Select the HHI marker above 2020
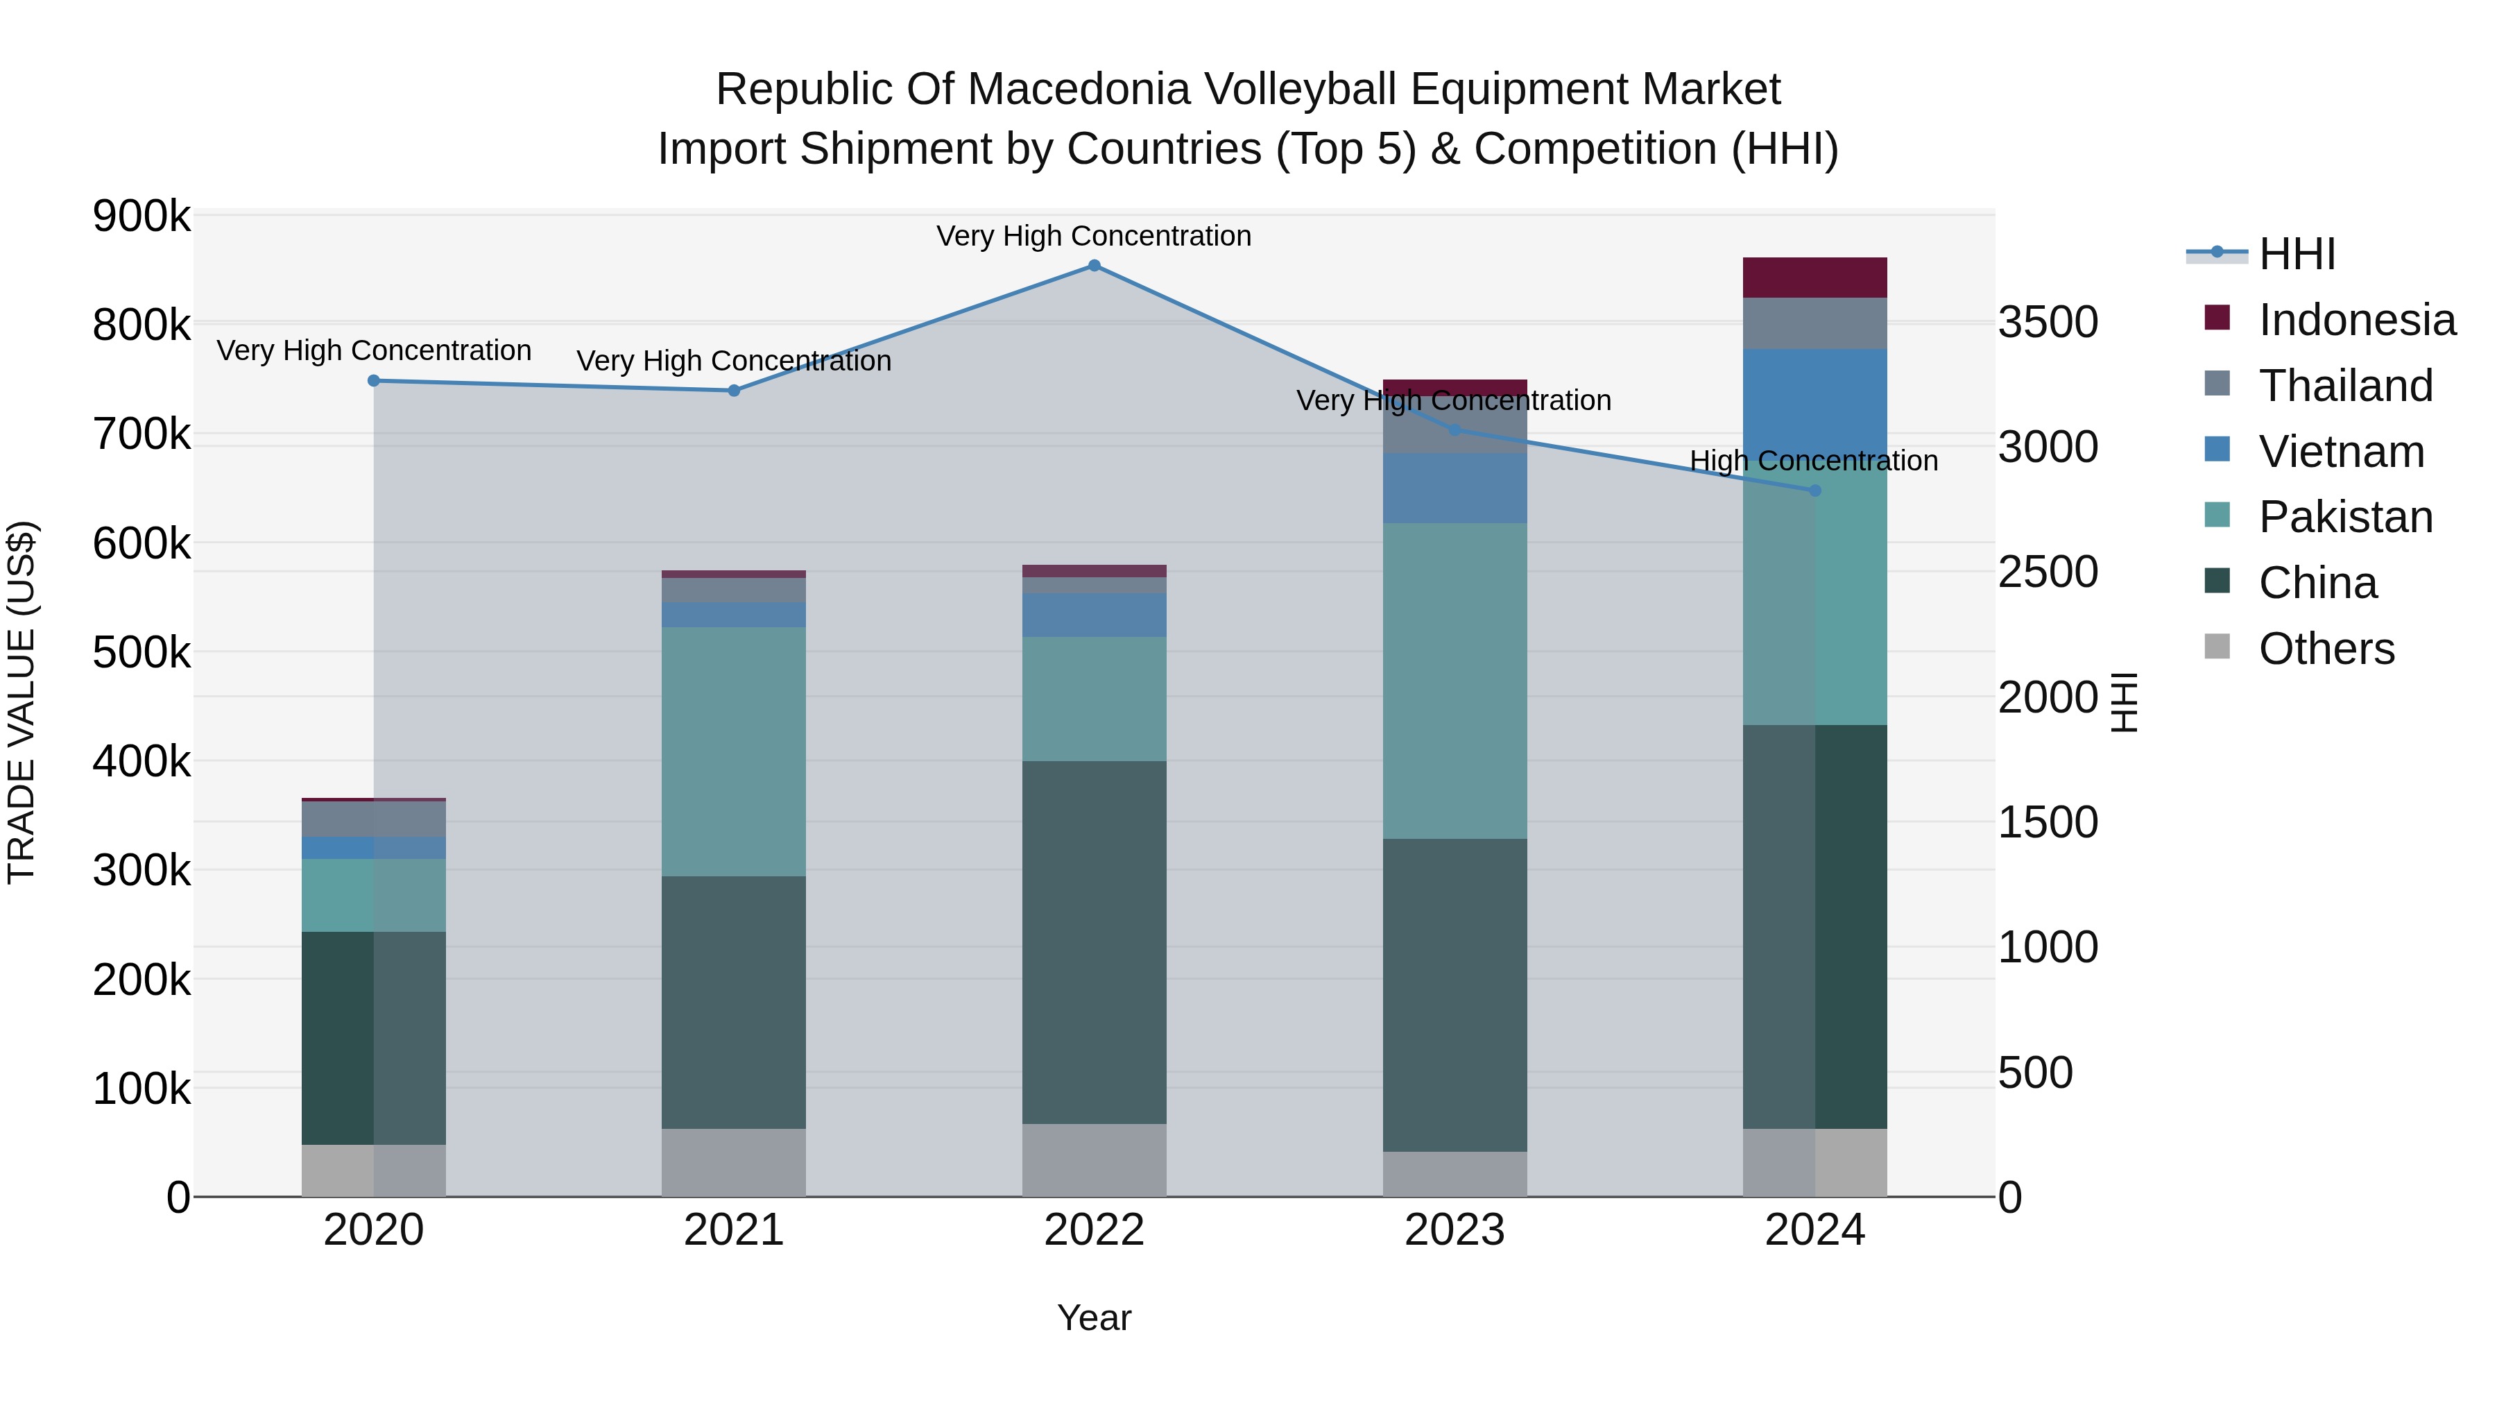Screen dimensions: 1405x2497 [x=374, y=381]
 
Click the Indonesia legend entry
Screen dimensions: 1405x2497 [x=2356, y=320]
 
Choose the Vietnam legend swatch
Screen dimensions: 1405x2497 [x=2217, y=450]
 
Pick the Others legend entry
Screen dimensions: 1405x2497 [x=2326, y=649]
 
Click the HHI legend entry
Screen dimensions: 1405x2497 [x=2297, y=254]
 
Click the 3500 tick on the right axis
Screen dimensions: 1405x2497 [x=2048, y=322]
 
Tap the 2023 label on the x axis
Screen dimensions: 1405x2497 [x=1454, y=1230]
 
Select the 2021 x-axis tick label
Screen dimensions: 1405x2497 [x=734, y=1230]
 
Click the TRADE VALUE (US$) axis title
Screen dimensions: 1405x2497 [x=22, y=702]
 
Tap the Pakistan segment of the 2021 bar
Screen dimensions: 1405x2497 [x=734, y=751]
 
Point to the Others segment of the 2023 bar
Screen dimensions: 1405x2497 [x=1454, y=1173]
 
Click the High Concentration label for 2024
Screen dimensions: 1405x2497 [x=1814, y=461]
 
